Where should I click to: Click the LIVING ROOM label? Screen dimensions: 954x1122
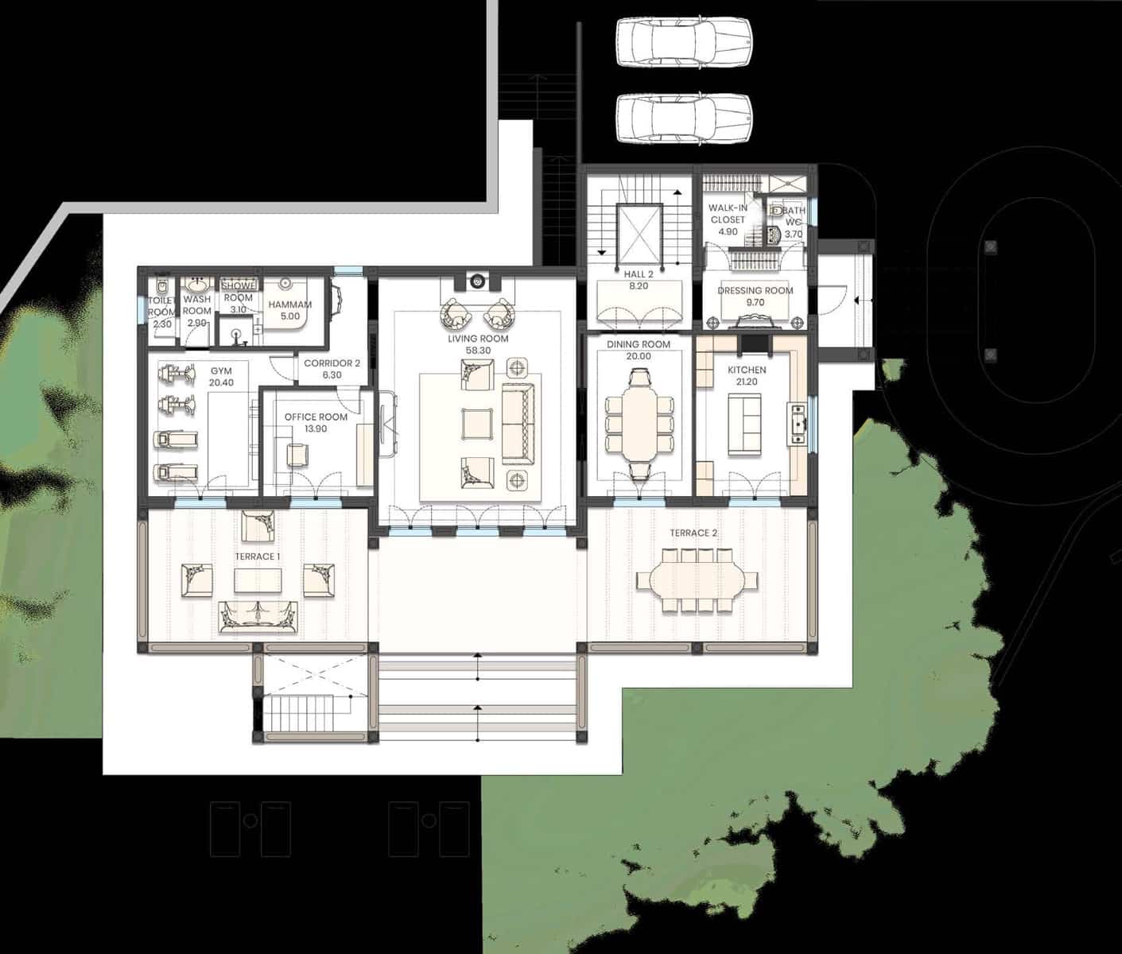[477, 339]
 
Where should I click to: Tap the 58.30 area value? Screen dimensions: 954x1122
[477, 350]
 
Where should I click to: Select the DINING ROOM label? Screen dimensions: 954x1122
[638, 345]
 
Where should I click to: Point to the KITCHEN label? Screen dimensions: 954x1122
[747, 370]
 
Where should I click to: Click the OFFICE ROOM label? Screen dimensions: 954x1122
[316, 417]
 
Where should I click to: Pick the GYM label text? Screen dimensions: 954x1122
[221, 371]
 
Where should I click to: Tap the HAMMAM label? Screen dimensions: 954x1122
[289, 305]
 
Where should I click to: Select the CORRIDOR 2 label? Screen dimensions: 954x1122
[332, 363]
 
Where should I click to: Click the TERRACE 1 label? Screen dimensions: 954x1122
[257, 556]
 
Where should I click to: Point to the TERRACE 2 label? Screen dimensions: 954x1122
[693, 533]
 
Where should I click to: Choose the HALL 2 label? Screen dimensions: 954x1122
[639, 274]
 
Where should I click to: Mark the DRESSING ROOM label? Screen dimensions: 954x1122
[755, 291]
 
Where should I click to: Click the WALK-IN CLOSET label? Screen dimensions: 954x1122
[728, 214]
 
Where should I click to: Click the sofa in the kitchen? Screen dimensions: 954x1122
[747, 424]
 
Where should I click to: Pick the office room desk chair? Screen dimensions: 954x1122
[297, 454]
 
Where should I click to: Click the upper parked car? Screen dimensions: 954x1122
[684, 42]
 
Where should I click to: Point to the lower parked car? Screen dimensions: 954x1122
[684, 118]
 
